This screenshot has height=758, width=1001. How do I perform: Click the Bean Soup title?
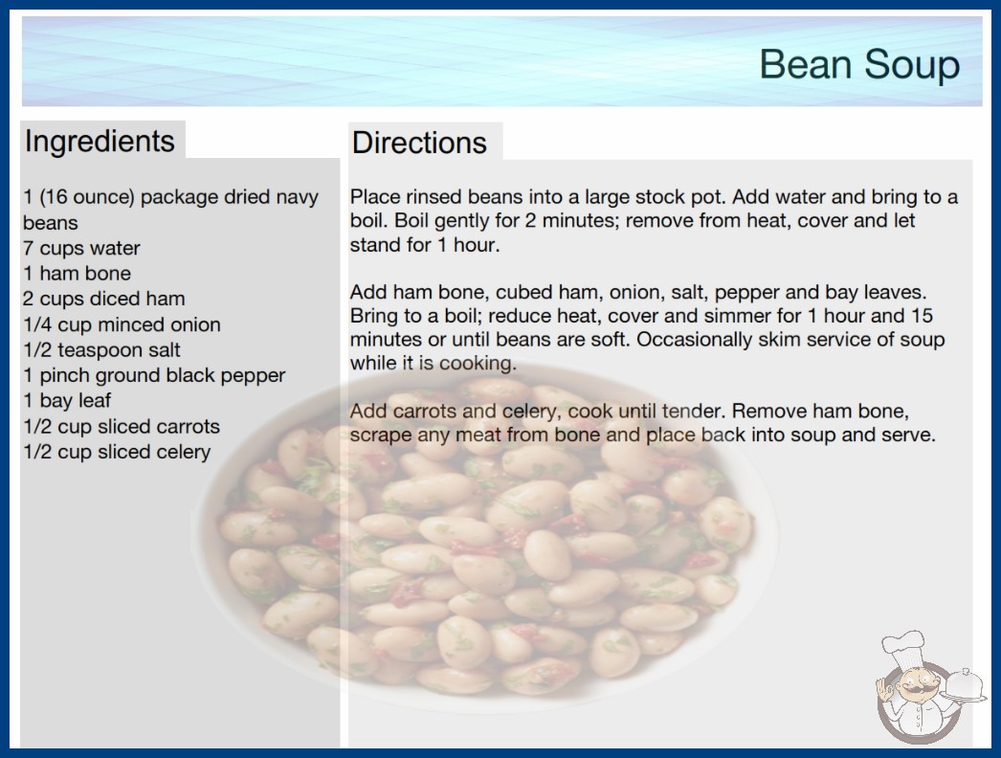tap(859, 64)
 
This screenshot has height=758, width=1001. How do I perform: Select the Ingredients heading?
tap(100, 142)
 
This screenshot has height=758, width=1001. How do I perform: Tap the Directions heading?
tap(419, 143)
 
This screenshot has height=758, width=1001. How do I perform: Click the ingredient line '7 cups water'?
tap(81, 248)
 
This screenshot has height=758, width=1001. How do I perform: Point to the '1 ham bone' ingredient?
tap(78, 274)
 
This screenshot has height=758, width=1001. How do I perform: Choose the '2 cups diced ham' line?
tap(104, 299)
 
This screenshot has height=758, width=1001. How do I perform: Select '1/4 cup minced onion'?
tap(122, 324)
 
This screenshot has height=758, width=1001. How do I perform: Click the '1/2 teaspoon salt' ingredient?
tap(101, 350)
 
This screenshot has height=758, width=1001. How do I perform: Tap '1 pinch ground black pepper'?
tap(154, 375)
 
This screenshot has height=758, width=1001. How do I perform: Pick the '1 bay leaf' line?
tap(67, 400)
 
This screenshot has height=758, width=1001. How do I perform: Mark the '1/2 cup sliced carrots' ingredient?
tap(122, 427)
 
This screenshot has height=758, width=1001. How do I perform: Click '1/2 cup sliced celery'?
tap(117, 452)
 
